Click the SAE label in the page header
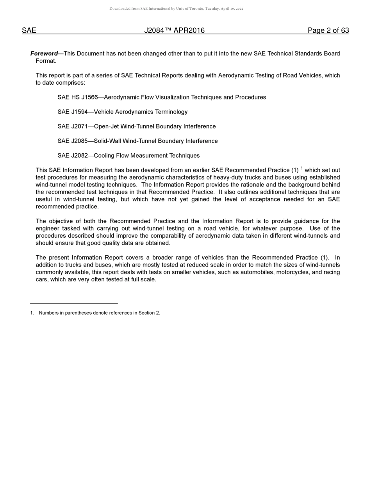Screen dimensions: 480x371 tap(29, 30)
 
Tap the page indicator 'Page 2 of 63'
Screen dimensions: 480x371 tap(328, 30)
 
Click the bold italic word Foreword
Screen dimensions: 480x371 tap(44, 53)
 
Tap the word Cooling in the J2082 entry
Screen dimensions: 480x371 tap(104, 156)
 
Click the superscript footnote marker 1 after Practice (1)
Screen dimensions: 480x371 tap(302, 169)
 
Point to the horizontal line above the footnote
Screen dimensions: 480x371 tap(74, 303)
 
